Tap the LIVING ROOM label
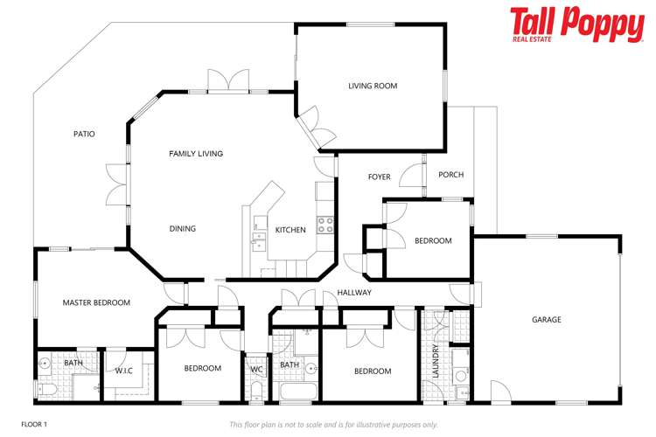373,86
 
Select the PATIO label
84,134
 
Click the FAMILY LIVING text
196,153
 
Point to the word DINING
183,229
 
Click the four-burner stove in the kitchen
325,223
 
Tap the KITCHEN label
290,230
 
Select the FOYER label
379,177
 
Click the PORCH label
450,175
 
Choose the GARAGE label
547,320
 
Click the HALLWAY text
354,293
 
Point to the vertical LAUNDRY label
435,362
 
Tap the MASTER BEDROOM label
96,302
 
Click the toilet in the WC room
255,390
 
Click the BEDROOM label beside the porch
433,241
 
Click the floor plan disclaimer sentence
333,425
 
